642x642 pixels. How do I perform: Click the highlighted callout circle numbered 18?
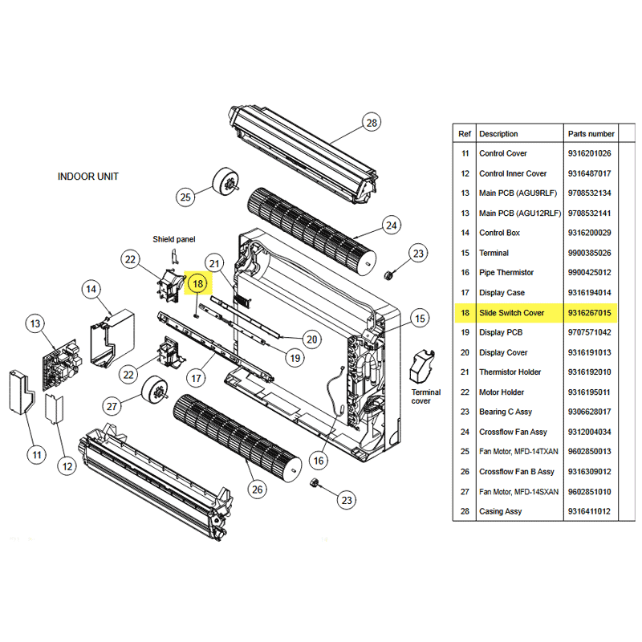coord(198,282)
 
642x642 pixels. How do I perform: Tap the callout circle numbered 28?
coord(371,123)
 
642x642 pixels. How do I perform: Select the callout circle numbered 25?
coord(186,197)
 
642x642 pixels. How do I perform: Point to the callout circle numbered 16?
coord(319,460)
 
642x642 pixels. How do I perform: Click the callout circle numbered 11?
coord(36,455)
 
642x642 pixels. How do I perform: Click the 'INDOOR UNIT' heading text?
coord(88,177)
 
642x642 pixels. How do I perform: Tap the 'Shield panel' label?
coord(174,239)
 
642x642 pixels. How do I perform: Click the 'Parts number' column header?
coord(591,134)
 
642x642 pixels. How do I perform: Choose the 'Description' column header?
coord(498,134)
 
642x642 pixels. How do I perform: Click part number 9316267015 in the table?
coord(589,312)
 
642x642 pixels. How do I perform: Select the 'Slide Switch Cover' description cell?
coord(512,312)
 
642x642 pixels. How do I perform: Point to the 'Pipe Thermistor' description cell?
coord(506,273)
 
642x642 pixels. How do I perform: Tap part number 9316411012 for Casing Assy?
coord(589,511)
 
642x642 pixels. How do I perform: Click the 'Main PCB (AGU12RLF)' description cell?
coord(518,213)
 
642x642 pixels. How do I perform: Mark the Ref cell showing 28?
coord(465,511)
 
